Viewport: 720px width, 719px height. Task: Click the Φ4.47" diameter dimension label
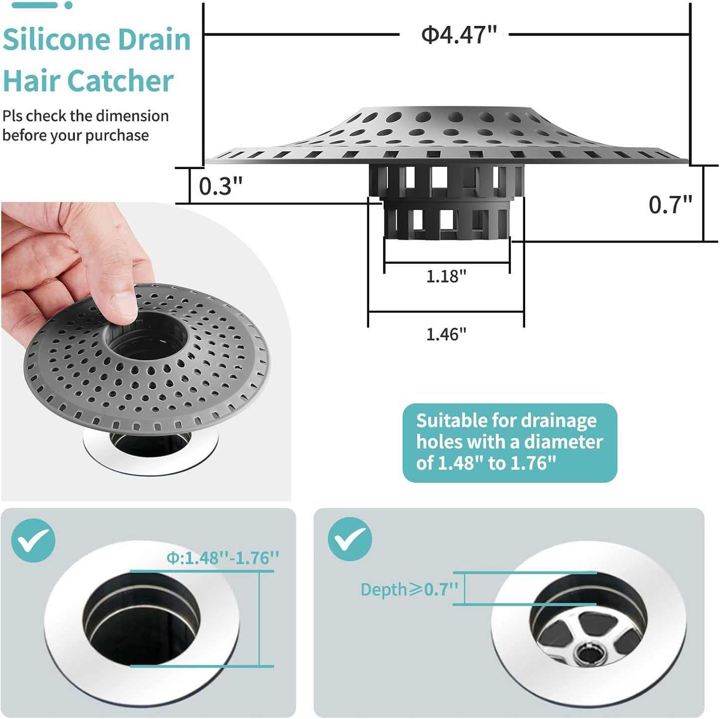click(x=458, y=35)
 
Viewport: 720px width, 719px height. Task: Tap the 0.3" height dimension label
click(x=220, y=186)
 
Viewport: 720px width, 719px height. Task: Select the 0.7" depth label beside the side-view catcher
click(x=670, y=204)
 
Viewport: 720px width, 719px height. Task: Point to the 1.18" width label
click(x=446, y=276)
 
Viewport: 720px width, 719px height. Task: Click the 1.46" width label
click(x=446, y=334)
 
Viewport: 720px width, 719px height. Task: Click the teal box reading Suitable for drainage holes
click(x=509, y=442)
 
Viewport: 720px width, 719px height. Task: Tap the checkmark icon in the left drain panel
click(x=33, y=540)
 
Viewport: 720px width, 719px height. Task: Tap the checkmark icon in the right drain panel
click(x=350, y=539)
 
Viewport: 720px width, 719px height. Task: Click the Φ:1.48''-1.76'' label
click(x=223, y=557)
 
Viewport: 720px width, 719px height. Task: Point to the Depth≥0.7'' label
click(x=409, y=589)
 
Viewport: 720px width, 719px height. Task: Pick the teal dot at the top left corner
click(x=69, y=5)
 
